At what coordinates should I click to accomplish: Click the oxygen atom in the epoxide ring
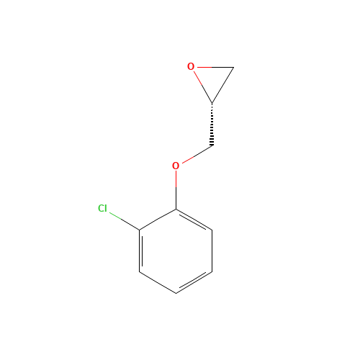coord(191,66)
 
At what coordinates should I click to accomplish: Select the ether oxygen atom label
coord(176,166)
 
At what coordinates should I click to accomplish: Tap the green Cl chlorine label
coord(102,208)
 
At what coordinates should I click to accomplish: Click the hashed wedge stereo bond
coord(212,125)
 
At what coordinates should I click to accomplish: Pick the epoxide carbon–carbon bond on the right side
coord(222,86)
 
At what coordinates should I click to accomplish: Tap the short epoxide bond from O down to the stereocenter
coord(203,87)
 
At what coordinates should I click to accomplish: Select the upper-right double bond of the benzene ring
coord(194,220)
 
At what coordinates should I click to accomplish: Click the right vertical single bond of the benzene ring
coord(212,251)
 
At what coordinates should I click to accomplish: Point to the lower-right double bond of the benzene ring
coord(194,282)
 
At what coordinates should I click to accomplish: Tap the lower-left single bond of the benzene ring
coord(158,282)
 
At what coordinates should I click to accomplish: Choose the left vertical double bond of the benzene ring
coord(140,251)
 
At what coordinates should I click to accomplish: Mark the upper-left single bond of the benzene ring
coord(158,220)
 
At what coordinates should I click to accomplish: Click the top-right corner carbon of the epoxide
coord(233,67)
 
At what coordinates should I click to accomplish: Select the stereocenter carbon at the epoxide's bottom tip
coord(212,104)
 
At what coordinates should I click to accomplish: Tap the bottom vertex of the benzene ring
coord(176,293)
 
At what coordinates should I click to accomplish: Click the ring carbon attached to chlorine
coord(140,230)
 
